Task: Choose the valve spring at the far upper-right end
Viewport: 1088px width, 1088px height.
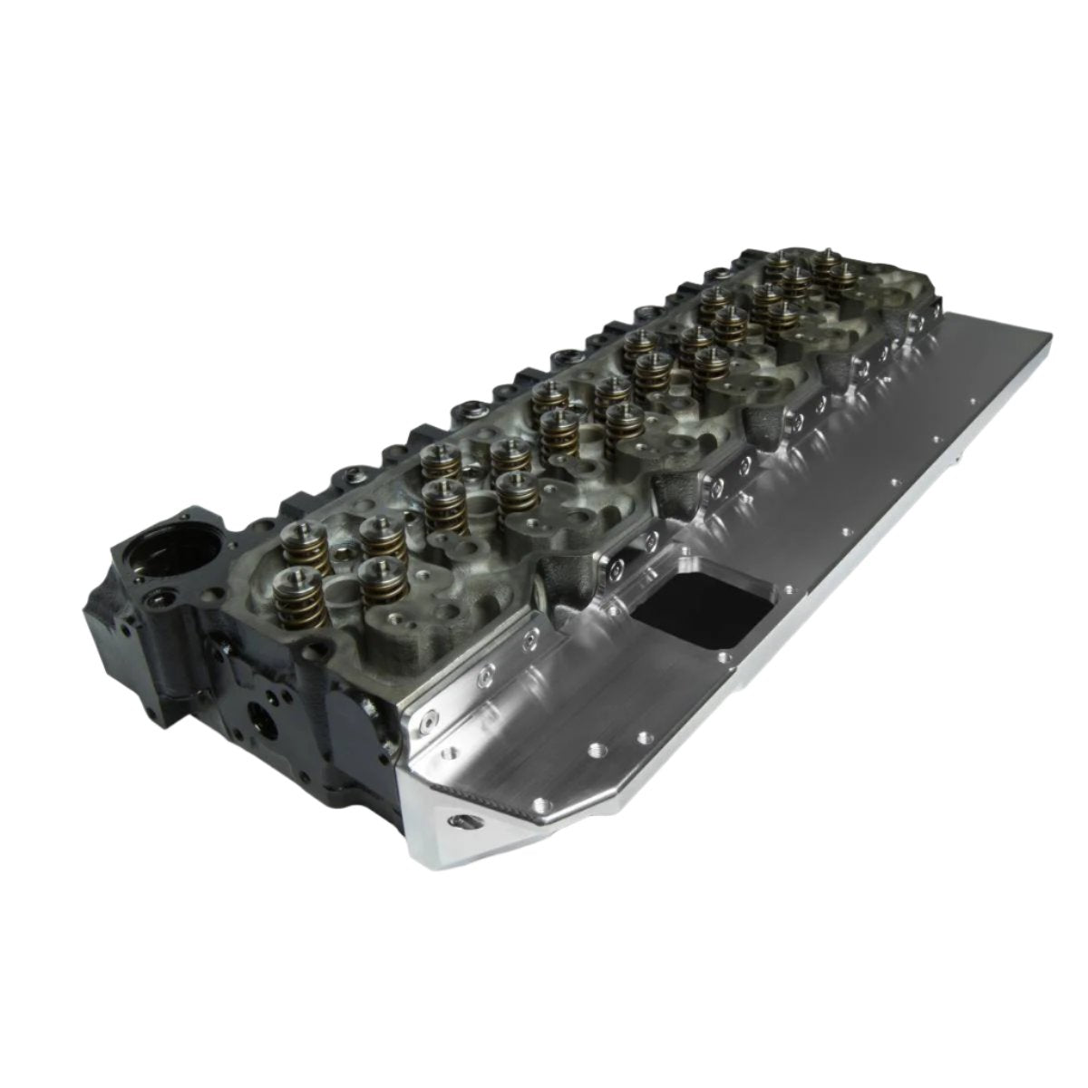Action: coord(827,269)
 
